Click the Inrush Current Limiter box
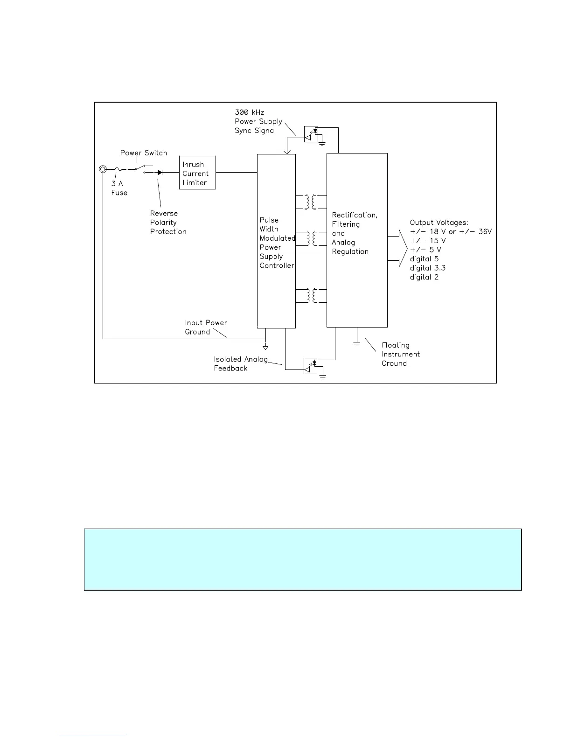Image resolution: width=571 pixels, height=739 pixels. point(197,173)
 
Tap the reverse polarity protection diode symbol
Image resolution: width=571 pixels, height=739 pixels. point(160,173)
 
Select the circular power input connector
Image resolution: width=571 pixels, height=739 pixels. point(103,169)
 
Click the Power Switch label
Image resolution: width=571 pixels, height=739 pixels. point(143,153)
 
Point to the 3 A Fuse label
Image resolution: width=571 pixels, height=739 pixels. point(119,188)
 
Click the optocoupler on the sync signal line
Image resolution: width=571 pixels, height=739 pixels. point(311,133)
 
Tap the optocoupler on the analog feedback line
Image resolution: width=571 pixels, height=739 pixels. point(311,365)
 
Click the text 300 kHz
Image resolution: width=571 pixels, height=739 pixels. point(249,112)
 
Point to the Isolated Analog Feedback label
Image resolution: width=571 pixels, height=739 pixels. point(240,364)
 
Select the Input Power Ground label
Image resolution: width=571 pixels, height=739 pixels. point(206,328)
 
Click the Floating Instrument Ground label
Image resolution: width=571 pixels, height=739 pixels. point(400,354)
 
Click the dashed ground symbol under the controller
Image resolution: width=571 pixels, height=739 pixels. point(265,347)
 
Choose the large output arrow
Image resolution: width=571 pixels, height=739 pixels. point(400,248)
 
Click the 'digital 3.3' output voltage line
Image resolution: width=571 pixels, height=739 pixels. point(427,268)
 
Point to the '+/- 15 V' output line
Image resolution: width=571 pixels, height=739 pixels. point(427,241)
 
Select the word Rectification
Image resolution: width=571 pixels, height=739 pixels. point(354,215)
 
